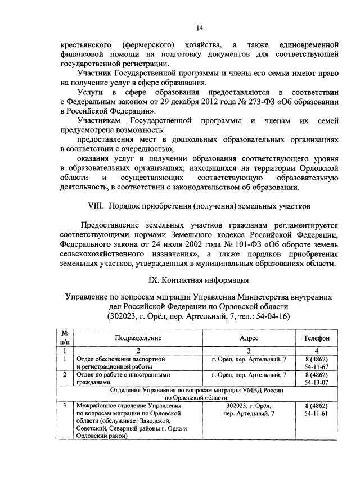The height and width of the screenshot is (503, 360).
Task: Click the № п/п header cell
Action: [x=65, y=338]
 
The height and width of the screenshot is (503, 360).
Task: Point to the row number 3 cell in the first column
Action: [x=65, y=405]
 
